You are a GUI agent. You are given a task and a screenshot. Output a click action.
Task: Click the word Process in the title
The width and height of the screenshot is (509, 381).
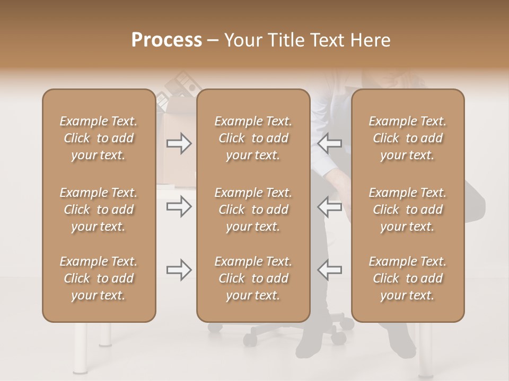click(166, 40)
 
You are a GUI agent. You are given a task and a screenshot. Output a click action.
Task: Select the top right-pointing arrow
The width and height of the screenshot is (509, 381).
click(179, 143)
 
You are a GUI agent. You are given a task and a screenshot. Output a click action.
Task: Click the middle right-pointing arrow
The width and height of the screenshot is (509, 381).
click(179, 206)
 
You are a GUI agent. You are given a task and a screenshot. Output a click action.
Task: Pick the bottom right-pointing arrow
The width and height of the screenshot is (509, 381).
click(179, 270)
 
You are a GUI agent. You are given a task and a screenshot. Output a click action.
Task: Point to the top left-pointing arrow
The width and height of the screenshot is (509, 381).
click(330, 143)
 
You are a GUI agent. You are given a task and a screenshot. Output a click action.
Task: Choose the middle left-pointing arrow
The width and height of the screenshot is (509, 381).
click(330, 206)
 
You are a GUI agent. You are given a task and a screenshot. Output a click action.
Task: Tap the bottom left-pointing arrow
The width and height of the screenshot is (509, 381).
click(330, 270)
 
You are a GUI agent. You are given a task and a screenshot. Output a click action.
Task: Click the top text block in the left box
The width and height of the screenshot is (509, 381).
click(99, 138)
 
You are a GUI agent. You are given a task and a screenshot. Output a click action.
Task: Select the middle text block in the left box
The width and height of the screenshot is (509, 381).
click(99, 210)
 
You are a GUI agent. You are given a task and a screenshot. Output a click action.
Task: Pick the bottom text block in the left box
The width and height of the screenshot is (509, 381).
click(99, 278)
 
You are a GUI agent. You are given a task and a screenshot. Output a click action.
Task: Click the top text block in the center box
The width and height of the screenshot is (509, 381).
click(253, 138)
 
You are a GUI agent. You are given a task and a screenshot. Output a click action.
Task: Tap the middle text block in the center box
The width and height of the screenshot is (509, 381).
click(253, 210)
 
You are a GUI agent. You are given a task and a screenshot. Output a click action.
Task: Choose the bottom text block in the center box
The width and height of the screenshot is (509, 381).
click(253, 278)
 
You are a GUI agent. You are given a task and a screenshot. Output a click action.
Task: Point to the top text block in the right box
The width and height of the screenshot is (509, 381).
click(408, 138)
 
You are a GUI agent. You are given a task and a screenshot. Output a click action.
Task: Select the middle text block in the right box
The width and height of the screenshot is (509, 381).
click(408, 210)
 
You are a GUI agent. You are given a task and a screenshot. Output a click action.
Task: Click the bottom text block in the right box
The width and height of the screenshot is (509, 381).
click(408, 278)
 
